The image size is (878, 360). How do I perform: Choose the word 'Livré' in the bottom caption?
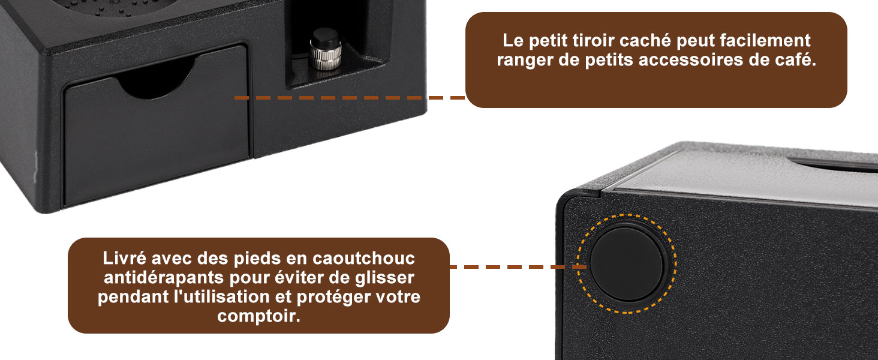124,258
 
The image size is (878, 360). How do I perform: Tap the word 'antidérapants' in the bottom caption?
164,278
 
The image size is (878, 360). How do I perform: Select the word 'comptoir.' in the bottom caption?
259,316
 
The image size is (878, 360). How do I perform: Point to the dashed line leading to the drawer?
350,98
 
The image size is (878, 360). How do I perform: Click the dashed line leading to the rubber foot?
518,267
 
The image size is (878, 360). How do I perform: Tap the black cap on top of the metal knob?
326,35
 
